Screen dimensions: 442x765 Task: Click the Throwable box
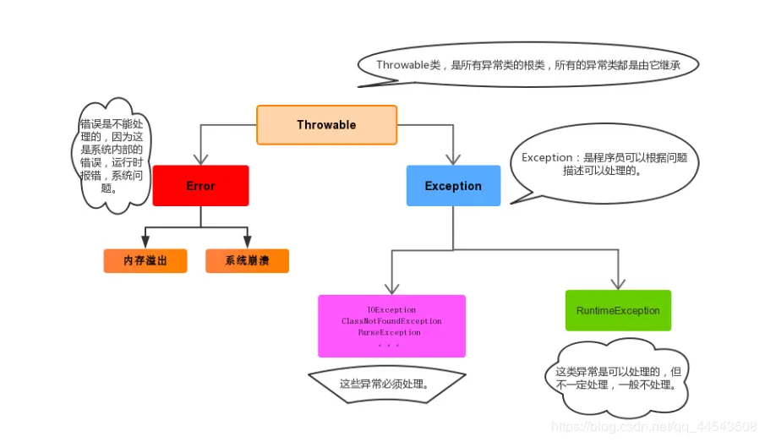pyautogui.click(x=326, y=125)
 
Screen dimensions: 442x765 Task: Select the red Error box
pyautogui.click(x=200, y=186)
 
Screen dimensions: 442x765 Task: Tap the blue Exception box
pyautogui.click(x=453, y=186)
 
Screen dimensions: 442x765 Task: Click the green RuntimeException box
pyautogui.click(x=618, y=311)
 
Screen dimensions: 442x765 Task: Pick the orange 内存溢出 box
pyautogui.click(x=145, y=261)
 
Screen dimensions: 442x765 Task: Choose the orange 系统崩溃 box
pyautogui.click(x=247, y=261)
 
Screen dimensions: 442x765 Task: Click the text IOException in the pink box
pyautogui.click(x=391, y=310)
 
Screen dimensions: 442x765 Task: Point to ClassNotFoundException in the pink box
pyautogui.click(x=391, y=321)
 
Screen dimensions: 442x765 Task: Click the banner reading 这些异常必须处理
pyautogui.click(x=385, y=384)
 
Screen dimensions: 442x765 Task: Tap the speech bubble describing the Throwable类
pyautogui.click(x=528, y=65)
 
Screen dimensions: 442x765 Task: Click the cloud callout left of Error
pyautogui.click(x=111, y=156)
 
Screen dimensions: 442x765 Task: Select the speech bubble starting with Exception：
pyautogui.click(x=604, y=164)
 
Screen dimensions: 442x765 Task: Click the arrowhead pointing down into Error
pyautogui.click(x=200, y=158)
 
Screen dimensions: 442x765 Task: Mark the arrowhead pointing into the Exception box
pyautogui.click(x=453, y=158)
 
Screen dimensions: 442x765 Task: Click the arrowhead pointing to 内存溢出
pyautogui.click(x=145, y=243)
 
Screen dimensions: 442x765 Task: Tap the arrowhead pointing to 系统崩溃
pyautogui.click(x=247, y=243)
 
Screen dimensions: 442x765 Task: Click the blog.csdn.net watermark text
pyautogui.click(x=653, y=427)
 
